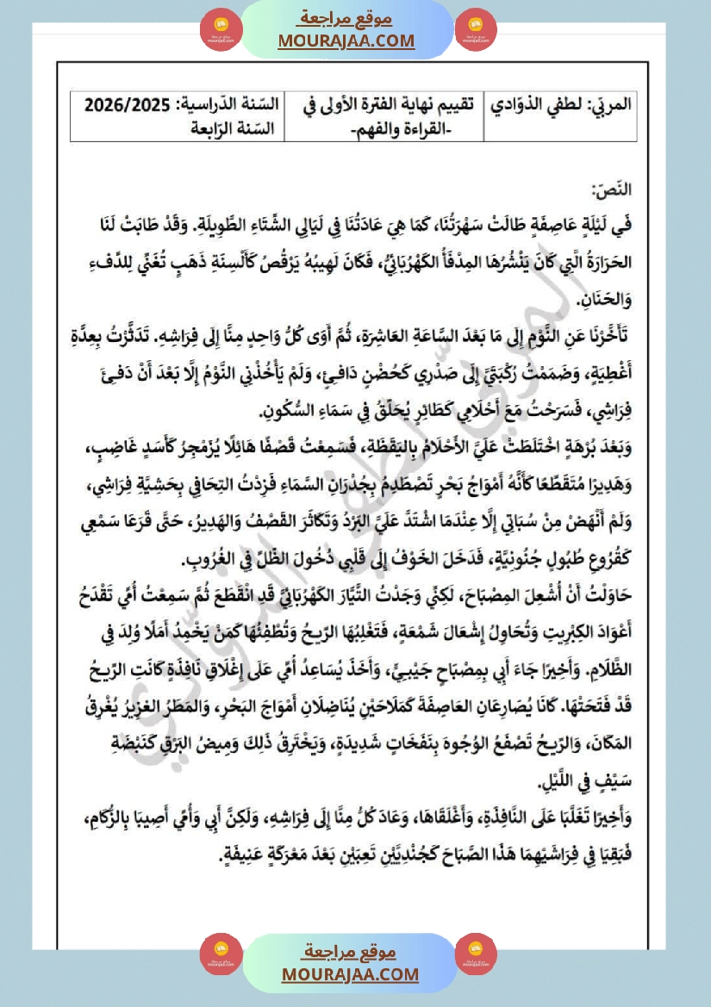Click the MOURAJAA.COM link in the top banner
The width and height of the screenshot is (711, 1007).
point(346,41)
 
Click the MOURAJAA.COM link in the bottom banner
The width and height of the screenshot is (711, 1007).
point(350,974)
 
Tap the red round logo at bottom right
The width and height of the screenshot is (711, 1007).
point(475,954)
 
